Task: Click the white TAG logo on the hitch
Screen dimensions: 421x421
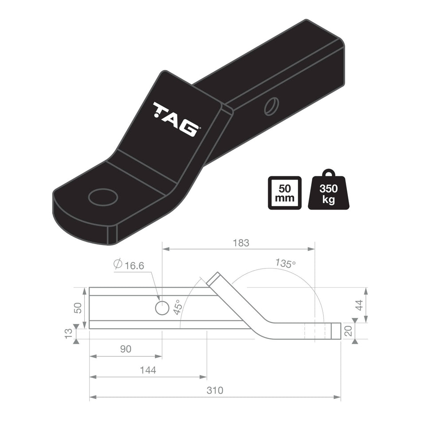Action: tap(176, 119)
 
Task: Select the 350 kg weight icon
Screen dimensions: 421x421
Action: tap(328, 192)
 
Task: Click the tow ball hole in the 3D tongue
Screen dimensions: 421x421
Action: tap(103, 197)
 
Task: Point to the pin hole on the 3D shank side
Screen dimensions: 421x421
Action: tap(269, 106)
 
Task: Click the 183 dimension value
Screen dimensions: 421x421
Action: tap(241, 243)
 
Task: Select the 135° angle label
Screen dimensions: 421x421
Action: tap(285, 263)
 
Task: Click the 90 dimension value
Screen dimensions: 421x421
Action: tap(126, 349)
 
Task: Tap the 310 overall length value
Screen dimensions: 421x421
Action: tap(215, 391)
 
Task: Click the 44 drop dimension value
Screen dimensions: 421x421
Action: tap(359, 305)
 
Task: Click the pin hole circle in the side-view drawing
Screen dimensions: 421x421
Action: tap(162, 308)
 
